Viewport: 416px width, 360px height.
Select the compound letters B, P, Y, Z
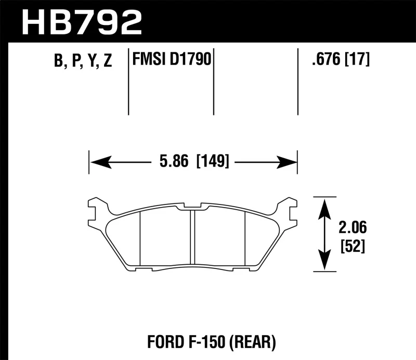coord(83,61)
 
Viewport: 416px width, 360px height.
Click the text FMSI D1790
coord(171,60)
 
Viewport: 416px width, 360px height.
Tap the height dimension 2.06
coord(351,227)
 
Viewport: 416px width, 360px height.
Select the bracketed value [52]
coord(351,246)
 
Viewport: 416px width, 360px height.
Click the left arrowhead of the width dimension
coord(99,162)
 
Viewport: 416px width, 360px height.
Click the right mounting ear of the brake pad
coord(288,208)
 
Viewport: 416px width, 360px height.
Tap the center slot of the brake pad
coord(192,237)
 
